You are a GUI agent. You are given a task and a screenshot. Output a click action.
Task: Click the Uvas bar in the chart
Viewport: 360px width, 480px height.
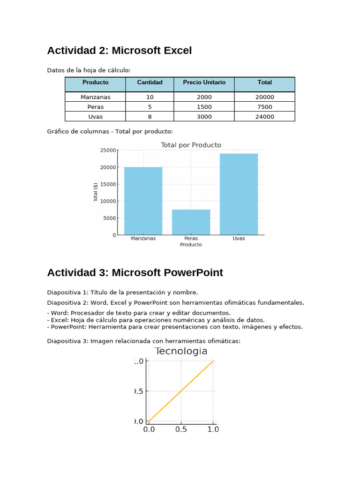[x=239, y=194]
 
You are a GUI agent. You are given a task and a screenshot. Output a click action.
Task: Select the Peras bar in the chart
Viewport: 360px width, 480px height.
[x=191, y=222]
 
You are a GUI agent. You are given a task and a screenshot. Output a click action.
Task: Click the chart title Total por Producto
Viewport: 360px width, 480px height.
[x=191, y=145]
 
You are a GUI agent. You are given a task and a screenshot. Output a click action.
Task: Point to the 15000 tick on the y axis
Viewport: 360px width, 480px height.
[x=108, y=184]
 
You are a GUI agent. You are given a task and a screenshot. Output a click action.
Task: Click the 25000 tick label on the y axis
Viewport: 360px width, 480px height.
[x=108, y=150]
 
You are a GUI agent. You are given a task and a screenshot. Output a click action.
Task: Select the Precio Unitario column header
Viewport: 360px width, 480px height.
[x=204, y=82]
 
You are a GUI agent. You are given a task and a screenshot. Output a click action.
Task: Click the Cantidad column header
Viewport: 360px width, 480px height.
[x=150, y=82]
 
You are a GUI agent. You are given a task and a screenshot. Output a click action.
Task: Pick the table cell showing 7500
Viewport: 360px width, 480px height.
[x=264, y=107]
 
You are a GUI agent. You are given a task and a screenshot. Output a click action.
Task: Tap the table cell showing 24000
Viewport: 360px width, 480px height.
[x=264, y=117]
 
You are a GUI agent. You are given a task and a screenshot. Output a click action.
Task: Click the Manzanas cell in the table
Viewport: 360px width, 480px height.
[x=95, y=97]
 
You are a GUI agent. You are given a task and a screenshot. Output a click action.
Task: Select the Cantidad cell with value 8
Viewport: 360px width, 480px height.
[x=150, y=117]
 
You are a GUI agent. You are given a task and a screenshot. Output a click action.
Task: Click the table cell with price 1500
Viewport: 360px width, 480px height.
[x=204, y=107]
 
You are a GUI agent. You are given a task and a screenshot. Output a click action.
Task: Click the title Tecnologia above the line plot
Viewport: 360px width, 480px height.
[x=181, y=352]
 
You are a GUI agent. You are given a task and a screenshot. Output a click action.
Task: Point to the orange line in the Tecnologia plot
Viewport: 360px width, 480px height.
[x=181, y=391]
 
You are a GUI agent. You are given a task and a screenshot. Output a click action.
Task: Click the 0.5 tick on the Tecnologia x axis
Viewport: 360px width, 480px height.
[x=181, y=429]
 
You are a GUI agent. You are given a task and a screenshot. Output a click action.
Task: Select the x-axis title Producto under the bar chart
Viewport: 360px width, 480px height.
[x=191, y=245]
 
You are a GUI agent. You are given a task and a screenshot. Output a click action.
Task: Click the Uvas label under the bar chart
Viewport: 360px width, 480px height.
[x=239, y=239]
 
